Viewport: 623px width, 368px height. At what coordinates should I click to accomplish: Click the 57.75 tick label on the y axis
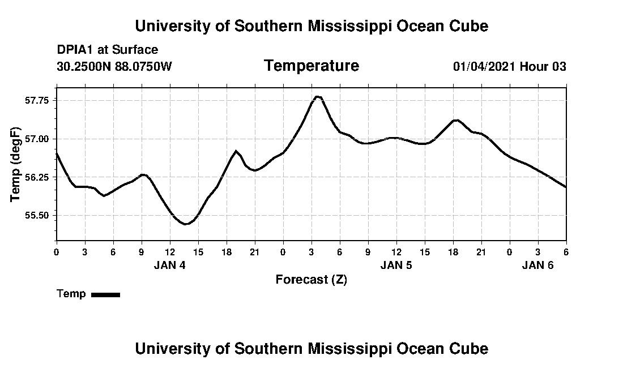[x=37, y=100]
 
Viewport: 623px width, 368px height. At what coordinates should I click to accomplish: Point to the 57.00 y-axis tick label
[x=37, y=139]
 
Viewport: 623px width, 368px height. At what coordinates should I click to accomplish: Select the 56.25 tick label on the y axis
[x=37, y=177]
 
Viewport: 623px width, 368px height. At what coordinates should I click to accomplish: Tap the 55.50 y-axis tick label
[x=37, y=216]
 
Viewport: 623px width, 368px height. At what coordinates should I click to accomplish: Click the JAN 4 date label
[x=169, y=265]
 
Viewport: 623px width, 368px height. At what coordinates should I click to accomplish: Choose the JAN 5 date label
[x=396, y=265]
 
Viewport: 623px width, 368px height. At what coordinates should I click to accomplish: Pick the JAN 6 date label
[x=537, y=265]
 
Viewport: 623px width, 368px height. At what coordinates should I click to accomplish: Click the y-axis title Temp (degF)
[x=15, y=164]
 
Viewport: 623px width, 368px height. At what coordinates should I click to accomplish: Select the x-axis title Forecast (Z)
[x=311, y=280]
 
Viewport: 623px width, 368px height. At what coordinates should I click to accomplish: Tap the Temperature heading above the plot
[x=311, y=66]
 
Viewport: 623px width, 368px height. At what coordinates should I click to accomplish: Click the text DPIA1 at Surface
[x=108, y=50]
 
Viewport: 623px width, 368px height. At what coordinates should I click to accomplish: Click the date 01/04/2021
[x=484, y=67]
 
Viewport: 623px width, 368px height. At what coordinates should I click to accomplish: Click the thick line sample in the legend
[x=105, y=294]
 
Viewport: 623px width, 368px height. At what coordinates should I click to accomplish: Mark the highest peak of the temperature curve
[x=318, y=97]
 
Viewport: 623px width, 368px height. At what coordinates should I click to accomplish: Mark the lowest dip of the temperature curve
[x=185, y=224]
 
